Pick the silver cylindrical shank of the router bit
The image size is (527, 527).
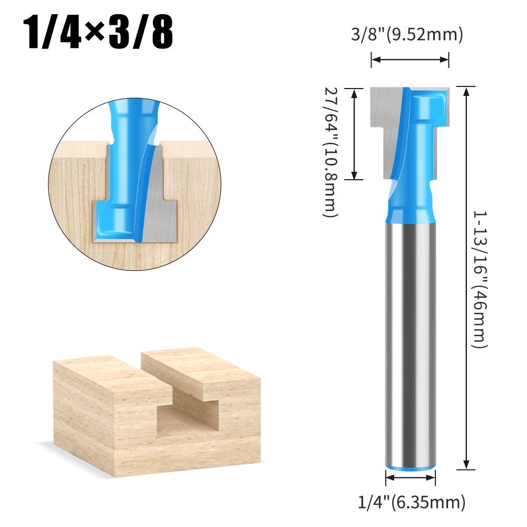(411, 343)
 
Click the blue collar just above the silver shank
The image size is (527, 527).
(411, 211)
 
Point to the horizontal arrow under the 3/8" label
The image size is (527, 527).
(410, 60)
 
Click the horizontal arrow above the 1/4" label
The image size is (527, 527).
(411, 477)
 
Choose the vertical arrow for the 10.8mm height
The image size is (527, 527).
(355, 134)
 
